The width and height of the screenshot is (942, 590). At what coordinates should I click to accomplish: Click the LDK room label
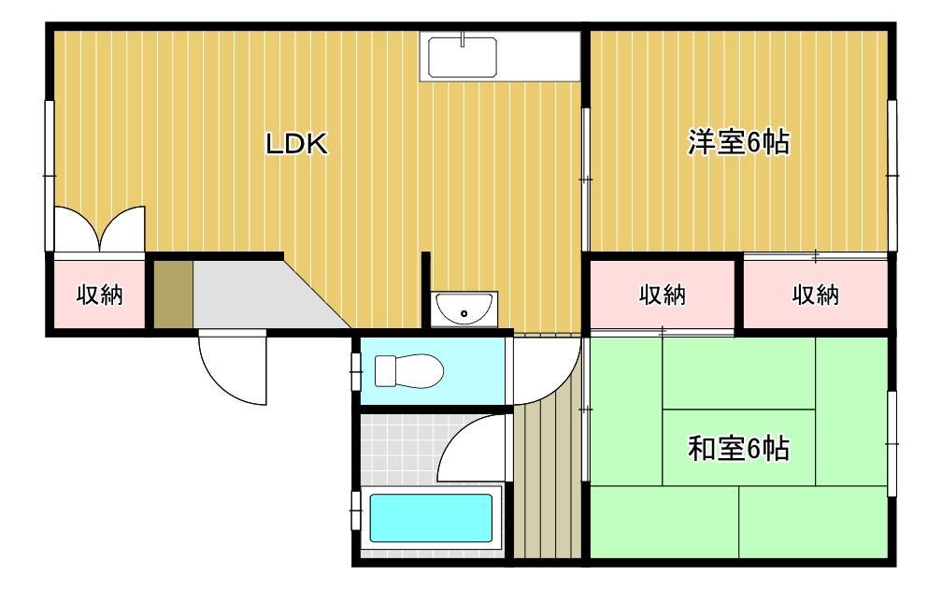click(x=294, y=144)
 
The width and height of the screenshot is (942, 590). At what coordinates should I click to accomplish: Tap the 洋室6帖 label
click(x=738, y=143)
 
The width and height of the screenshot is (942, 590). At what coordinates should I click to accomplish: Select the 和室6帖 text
click(x=738, y=450)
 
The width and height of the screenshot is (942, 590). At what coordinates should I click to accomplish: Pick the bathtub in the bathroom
click(x=431, y=518)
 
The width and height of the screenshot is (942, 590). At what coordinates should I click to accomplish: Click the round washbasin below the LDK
click(x=465, y=308)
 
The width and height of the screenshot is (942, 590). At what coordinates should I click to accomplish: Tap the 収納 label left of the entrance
click(x=99, y=295)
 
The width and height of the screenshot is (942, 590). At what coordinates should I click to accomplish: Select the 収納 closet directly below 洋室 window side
click(x=815, y=295)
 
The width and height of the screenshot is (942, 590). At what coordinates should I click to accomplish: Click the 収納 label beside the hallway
click(x=663, y=295)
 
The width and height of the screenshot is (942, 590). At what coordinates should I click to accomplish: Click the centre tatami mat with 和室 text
click(x=738, y=448)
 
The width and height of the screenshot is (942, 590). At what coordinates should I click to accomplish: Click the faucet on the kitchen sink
click(x=464, y=41)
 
